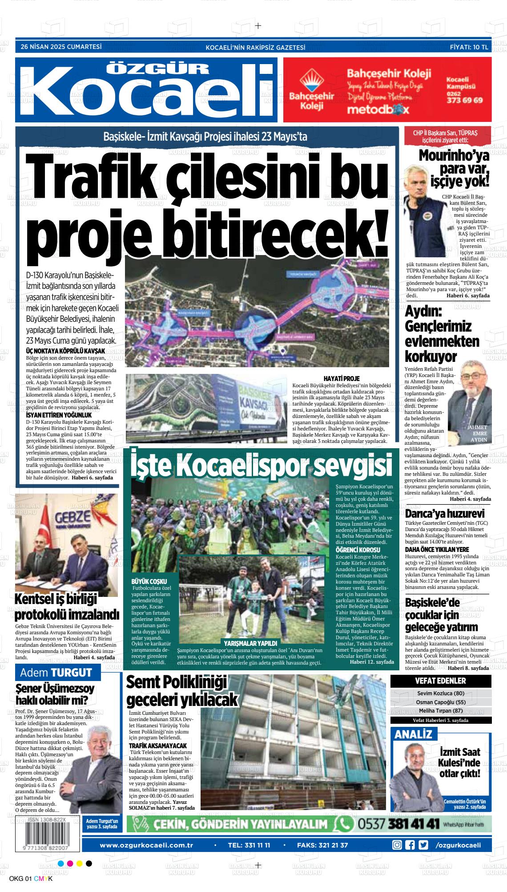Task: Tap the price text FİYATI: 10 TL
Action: click(469, 47)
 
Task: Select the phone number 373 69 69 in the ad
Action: click(464, 100)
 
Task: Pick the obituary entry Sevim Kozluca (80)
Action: click(440, 693)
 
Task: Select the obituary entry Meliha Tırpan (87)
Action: click(440, 710)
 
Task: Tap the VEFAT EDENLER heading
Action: click(440, 681)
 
